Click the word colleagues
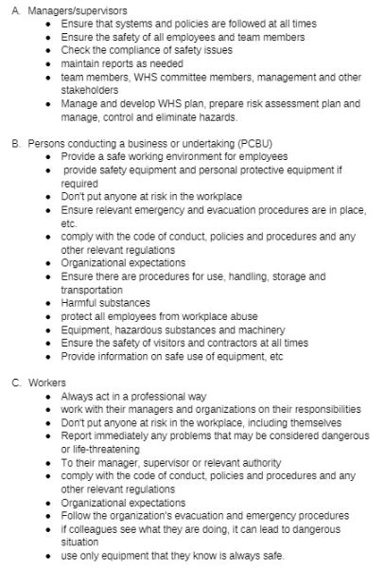pos(97,528)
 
